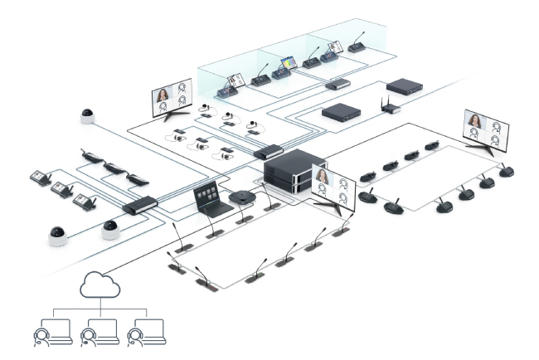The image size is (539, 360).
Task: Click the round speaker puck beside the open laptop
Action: click(241, 198)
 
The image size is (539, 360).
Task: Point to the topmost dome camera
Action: click(88, 116)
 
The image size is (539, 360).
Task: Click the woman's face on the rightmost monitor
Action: click(475, 122)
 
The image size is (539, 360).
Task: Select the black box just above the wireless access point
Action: click(405, 86)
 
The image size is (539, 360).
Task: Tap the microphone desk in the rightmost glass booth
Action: click(356, 46)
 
